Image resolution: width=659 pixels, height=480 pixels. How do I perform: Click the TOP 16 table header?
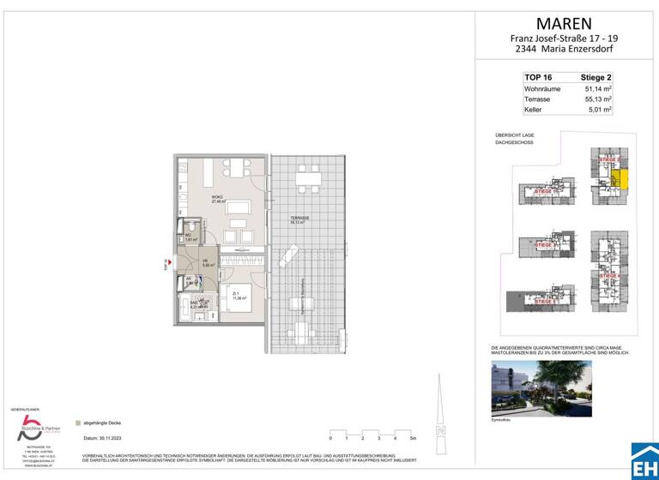(538, 77)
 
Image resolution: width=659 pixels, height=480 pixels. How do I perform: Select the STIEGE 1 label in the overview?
(547, 191)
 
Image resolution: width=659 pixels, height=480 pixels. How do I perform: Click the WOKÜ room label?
(217, 197)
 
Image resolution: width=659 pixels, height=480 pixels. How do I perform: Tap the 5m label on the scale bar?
(414, 438)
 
